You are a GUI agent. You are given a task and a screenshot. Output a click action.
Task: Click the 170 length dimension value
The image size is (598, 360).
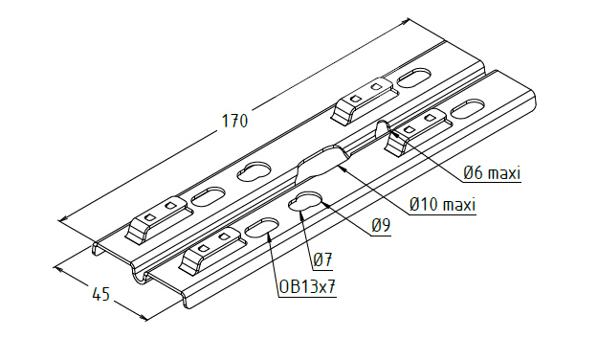[234, 121]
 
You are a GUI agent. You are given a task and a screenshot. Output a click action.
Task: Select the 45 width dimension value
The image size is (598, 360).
[101, 294]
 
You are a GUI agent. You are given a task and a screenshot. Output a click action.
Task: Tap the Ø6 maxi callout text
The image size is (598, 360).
[492, 173]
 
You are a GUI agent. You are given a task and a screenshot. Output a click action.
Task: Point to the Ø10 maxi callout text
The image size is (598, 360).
[443, 205]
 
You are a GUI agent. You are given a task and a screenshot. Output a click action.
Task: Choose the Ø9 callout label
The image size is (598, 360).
[381, 226]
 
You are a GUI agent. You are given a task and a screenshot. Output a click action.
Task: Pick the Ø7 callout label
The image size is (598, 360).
[322, 260]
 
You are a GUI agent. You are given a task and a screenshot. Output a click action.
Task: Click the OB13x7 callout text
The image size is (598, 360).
[307, 286]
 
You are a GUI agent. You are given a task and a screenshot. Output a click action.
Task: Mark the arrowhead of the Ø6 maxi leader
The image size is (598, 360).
[393, 133]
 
